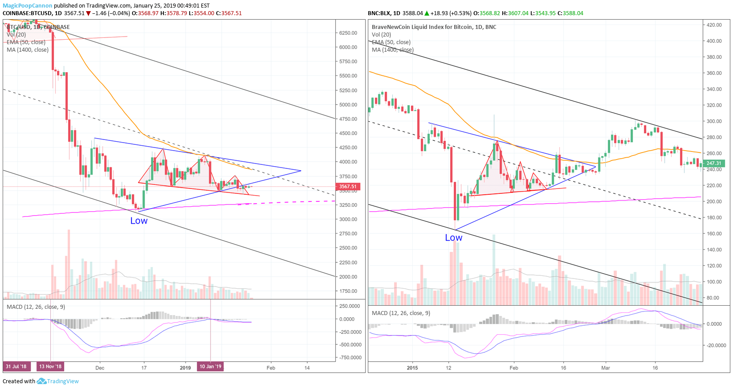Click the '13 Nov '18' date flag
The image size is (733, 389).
50,367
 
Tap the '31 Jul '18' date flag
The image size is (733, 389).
16,367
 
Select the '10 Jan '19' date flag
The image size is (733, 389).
210,367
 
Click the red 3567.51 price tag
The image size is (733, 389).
348,187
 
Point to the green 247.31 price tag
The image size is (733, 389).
713,164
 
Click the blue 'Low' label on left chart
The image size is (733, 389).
138,221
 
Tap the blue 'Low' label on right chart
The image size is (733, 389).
453,238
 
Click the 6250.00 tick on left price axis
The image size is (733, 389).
348,33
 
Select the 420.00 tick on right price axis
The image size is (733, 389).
714,25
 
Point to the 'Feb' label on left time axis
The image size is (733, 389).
271,368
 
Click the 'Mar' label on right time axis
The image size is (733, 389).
606,368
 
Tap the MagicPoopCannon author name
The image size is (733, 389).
28,6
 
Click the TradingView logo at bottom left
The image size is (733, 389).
58,381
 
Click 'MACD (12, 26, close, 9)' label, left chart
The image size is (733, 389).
36,307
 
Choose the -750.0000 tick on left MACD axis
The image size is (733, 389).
350,358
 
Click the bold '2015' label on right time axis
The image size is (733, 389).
412,368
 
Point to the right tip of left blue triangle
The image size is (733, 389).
301,171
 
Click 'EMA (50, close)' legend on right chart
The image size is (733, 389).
391,42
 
